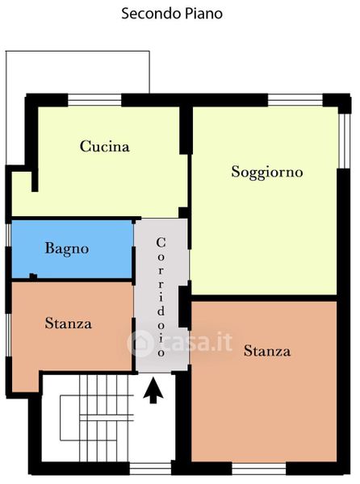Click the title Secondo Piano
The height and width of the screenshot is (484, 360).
coord(172,14)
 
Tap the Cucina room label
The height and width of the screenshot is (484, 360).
coord(104,146)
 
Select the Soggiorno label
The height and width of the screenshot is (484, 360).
coord(267,173)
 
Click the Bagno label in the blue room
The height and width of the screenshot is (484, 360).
coord(67,248)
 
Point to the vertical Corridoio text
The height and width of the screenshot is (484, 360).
coord(161,297)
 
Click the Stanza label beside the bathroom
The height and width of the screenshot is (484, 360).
coord(69,323)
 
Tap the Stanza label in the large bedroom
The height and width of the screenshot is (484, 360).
coord(267,351)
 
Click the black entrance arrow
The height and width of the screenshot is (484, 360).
coord(153,391)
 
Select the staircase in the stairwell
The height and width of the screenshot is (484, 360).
coord(97,418)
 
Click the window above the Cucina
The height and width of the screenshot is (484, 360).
coord(94,100)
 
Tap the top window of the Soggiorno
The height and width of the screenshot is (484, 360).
coord(295,100)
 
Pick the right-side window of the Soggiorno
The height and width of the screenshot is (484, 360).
coord(344,140)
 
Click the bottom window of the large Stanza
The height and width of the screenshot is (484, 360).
coord(259,468)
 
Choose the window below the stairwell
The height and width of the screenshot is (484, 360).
coord(150,468)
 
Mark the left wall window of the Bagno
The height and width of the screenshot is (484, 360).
coord(8,235)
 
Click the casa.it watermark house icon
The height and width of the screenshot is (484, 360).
coord(140,344)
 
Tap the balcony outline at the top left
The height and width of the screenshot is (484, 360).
coord(77,52)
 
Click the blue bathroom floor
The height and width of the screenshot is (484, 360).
coord(73,248)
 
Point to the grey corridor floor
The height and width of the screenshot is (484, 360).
coord(161,295)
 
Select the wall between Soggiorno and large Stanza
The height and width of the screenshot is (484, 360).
coord(264,298)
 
